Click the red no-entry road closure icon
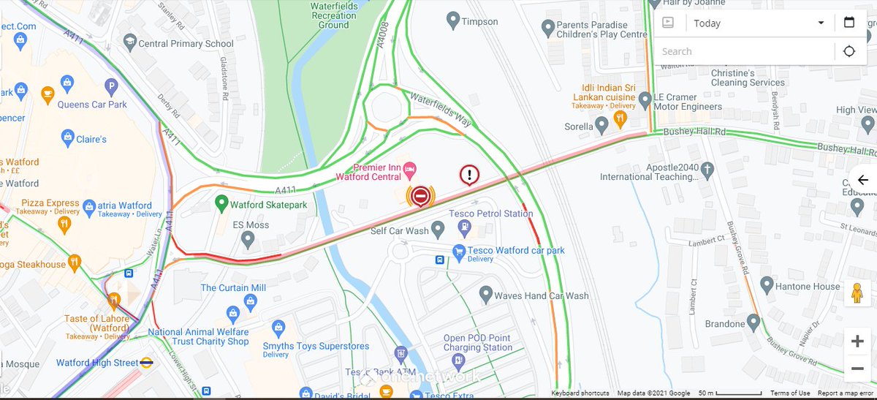click(x=419, y=196)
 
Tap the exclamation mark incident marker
click(x=469, y=175)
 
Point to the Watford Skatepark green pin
click(x=221, y=201)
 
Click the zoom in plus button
click(x=857, y=341)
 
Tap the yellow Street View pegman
click(x=857, y=293)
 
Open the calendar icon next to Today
click(x=849, y=23)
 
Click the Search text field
click(x=742, y=51)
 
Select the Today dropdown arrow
click(x=821, y=23)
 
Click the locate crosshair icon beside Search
click(x=849, y=51)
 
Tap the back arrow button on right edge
click(x=863, y=180)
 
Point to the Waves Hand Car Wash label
click(x=541, y=296)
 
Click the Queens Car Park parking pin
click(x=112, y=87)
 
